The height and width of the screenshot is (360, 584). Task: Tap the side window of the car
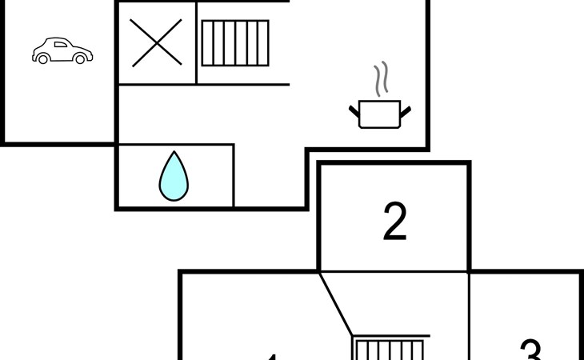pos(61,44)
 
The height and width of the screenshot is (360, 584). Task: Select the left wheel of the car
pos(43,58)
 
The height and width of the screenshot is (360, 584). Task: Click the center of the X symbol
pos(156,42)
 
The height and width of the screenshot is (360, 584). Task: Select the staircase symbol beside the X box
pos(234,42)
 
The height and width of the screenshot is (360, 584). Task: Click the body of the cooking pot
pos(380,114)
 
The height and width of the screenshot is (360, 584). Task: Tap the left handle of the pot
pos(354,110)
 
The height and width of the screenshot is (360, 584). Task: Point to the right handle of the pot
pos(406,110)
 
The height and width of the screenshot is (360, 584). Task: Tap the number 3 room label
pos(530,350)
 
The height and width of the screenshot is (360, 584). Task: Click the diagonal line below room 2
pos(336,304)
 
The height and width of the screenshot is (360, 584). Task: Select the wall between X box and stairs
pos(197,42)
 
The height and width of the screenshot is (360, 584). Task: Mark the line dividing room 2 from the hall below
pos(394,272)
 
